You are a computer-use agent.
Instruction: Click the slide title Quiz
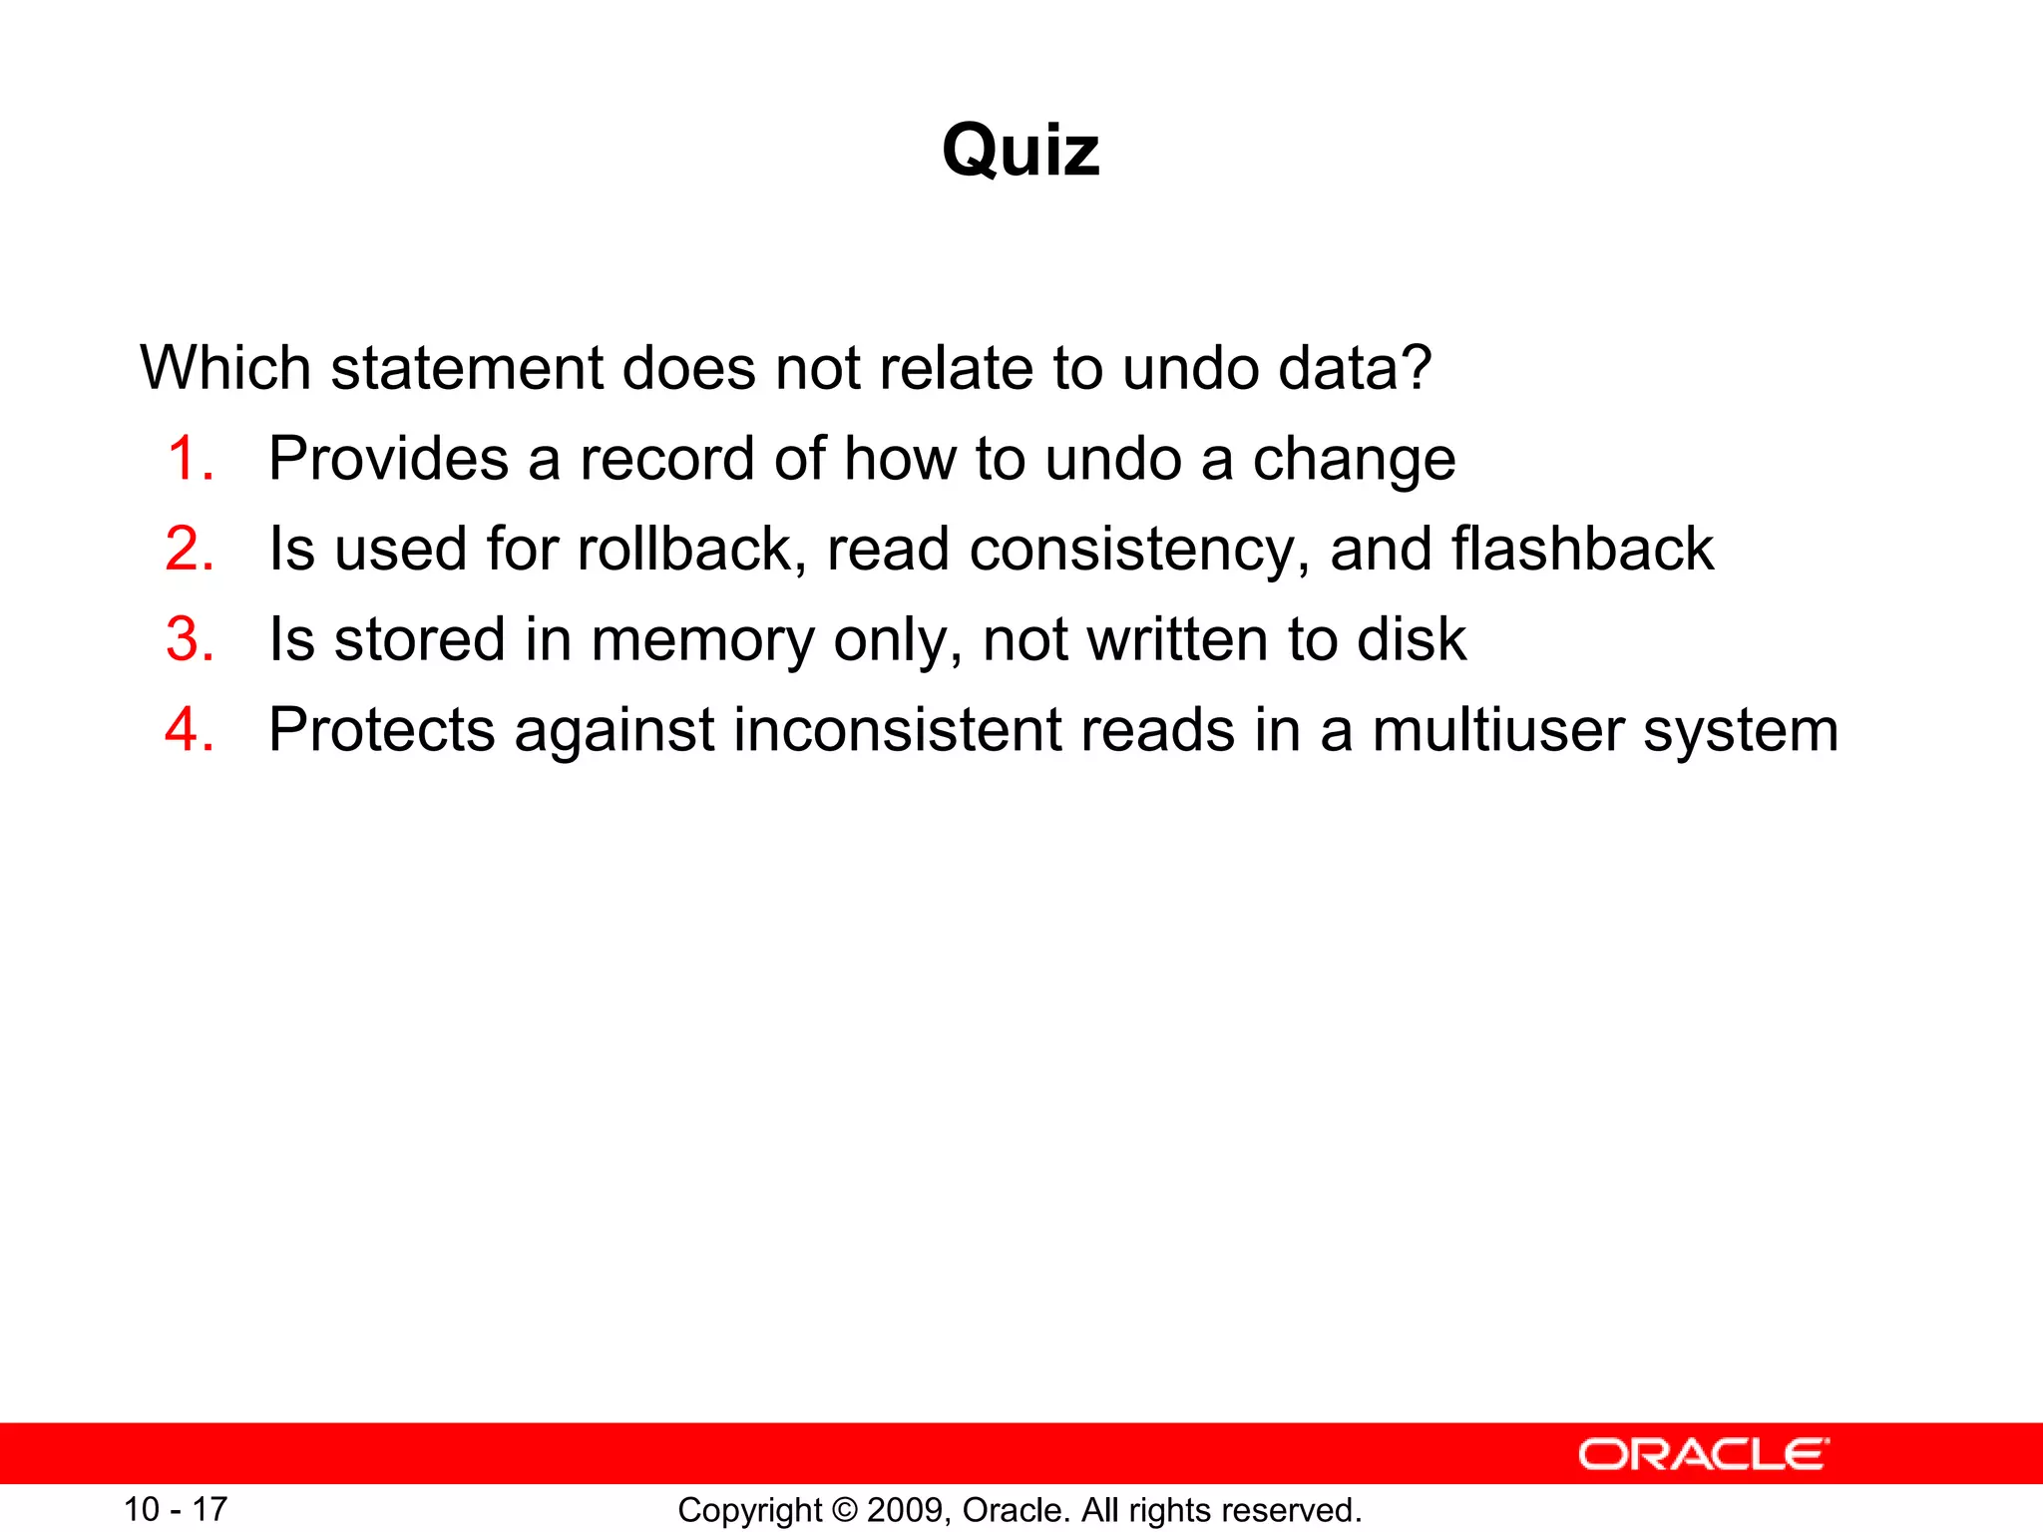pyautogui.click(x=1021, y=152)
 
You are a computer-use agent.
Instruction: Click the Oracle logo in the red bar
pyautogui.click(x=1704, y=1454)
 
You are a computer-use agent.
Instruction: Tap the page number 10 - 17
pyautogui.click(x=176, y=1509)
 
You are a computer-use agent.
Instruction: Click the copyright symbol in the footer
pyautogui.click(x=844, y=1510)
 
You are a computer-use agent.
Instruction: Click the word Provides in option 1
pyautogui.click(x=388, y=460)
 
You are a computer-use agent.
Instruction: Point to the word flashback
pyautogui.click(x=1581, y=550)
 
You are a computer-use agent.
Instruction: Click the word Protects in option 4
pyautogui.click(x=381, y=730)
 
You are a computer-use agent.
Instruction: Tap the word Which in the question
pyautogui.click(x=225, y=368)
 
